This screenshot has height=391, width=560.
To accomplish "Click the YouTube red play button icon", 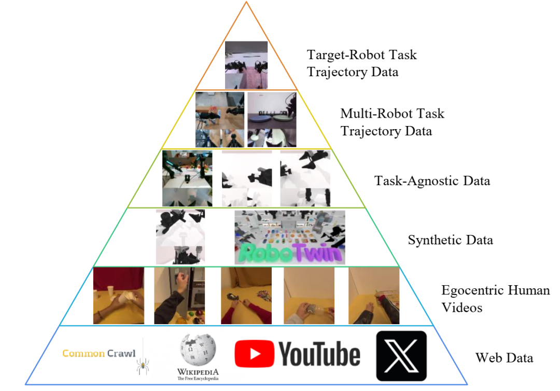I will coord(255,354).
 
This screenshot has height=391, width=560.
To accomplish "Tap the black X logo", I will coord(401,356).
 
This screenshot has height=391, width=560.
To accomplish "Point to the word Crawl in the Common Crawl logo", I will coord(121,354).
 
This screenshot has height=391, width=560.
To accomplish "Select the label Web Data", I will coord(504,358).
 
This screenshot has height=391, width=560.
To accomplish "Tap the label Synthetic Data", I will coord(450,240).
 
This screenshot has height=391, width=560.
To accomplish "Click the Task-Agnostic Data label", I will coord(432,181).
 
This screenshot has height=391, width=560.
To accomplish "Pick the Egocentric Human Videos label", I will coord(495,299).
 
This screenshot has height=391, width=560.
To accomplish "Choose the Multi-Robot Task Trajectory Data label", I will coord(393,122).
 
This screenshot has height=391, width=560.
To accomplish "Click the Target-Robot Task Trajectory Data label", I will coord(362,63).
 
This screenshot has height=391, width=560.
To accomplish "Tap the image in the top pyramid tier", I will coord(246,65).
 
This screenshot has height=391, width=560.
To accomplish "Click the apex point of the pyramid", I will coord(246,2).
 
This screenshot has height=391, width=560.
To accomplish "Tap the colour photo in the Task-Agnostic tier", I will coord(187,178).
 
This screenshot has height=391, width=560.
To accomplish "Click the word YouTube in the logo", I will coord(320,354).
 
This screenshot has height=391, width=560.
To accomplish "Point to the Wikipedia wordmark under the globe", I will coord(198,372).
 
